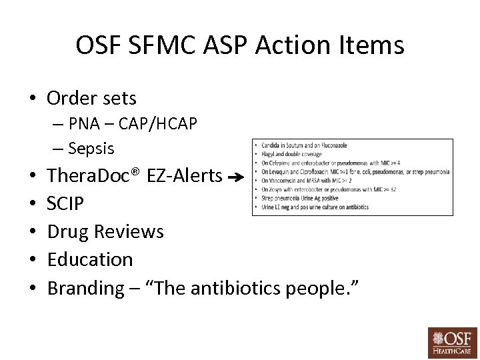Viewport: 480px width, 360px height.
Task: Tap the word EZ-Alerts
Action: [x=189, y=176]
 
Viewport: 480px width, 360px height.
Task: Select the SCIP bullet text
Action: [x=65, y=204]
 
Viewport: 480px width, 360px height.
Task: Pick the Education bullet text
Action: [x=90, y=259]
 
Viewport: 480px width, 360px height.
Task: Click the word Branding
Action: [x=85, y=289]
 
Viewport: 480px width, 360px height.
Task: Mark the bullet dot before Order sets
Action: [x=31, y=99]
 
